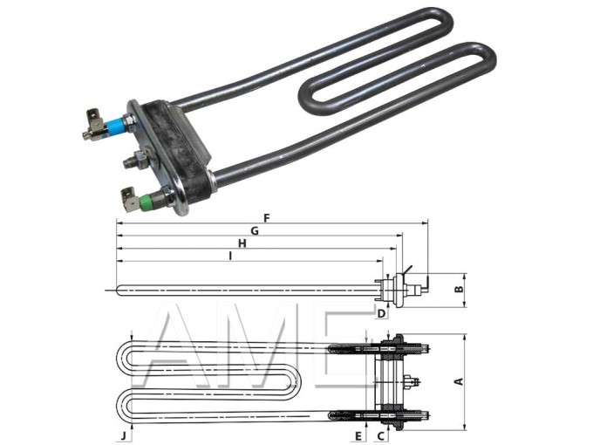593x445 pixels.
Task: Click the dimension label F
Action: [x=267, y=217]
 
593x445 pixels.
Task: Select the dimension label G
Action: [x=255, y=230]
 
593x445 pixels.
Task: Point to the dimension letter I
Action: [x=229, y=256]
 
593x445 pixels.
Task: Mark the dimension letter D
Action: [x=381, y=312]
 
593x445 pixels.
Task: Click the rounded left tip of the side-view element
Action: [x=119, y=290]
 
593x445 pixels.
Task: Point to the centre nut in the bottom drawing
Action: [x=413, y=381]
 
